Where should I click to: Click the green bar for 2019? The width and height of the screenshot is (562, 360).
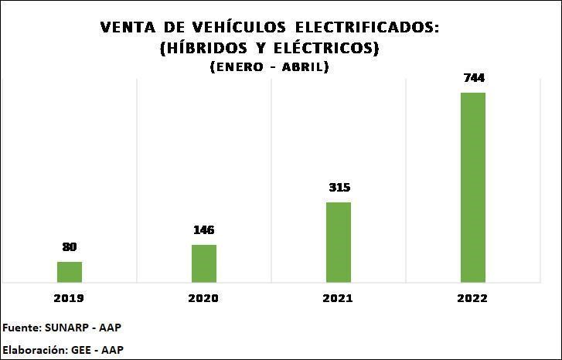(70, 272)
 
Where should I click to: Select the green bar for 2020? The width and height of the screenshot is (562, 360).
(204, 263)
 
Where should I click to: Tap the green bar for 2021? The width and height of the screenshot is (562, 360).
(339, 242)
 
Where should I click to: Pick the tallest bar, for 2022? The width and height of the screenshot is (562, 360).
(473, 187)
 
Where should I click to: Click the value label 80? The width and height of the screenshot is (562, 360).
(70, 247)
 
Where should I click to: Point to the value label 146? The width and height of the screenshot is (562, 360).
(204, 230)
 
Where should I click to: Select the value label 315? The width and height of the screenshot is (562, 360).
(339, 188)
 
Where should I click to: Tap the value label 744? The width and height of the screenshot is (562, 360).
(473, 78)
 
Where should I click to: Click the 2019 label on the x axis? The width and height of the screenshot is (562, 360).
(70, 298)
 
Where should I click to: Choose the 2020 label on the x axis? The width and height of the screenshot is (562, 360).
(204, 298)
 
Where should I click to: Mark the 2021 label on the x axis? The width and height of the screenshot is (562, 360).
(339, 298)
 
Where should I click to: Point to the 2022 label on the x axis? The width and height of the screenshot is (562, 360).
(473, 298)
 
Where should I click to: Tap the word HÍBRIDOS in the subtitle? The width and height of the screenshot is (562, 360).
(202, 48)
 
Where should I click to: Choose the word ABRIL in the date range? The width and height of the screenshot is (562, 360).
(305, 67)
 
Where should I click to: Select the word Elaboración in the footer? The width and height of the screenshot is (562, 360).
(32, 349)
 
